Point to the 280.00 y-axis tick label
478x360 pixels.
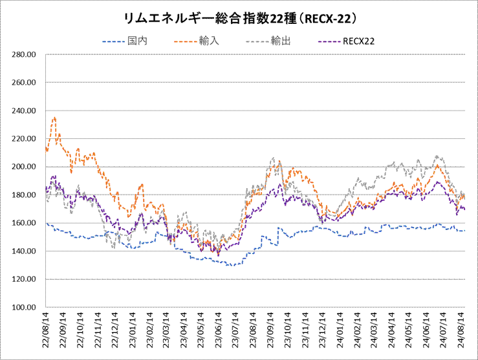pyautogui.click(x=23, y=55)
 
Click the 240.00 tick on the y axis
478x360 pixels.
pyautogui.click(x=23, y=111)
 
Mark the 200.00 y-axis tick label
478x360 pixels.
pyautogui.click(x=23, y=167)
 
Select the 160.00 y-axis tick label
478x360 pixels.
pyautogui.click(x=23, y=223)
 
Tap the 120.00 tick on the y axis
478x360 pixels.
pyautogui.click(x=23, y=279)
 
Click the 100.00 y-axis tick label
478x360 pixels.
pyautogui.click(x=23, y=307)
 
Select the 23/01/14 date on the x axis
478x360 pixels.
pyautogui.click(x=132, y=330)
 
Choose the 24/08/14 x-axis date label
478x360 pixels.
pyautogui.click(x=461, y=330)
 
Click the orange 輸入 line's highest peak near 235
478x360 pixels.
pyautogui.click(x=55, y=118)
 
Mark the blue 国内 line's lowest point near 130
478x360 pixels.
pyautogui.click(x=230, y=265)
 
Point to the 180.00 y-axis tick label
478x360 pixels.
pyautogui.click(x=23, y=195)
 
